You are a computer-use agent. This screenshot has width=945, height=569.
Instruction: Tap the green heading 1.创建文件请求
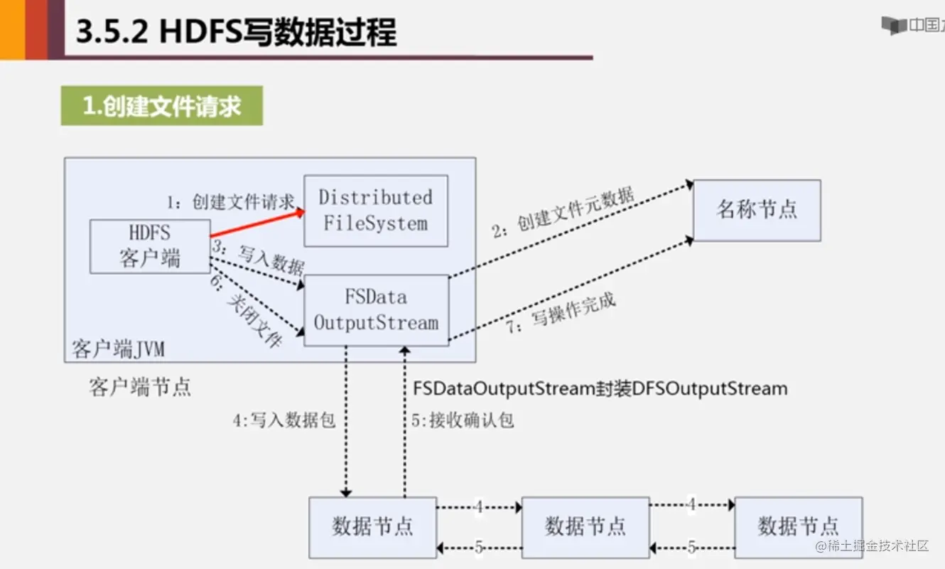tap(162, 106)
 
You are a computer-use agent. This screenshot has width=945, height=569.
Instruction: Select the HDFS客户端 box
tap(150, 246)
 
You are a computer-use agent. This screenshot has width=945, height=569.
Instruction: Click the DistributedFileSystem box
tap(376, 211)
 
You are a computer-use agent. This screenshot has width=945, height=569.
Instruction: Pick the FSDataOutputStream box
tap(377, 311)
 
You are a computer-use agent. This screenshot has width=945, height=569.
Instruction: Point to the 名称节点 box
tap(757, 210)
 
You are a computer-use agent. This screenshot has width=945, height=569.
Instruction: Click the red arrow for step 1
tap(257, 223)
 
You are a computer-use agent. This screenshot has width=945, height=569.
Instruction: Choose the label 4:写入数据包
tap(284, 420)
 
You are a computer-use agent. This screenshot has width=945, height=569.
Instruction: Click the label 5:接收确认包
tap(463, 420)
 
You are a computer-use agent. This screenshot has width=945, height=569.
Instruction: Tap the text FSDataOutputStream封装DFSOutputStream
tap(600, 388)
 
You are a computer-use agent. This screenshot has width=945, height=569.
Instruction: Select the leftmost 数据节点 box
tap(372, 526)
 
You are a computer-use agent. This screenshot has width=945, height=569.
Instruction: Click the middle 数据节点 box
tap(585, 526)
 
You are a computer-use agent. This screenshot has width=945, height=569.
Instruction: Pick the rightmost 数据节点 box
tap(798, 526)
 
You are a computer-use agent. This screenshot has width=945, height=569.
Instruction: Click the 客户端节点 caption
tap(140, 387)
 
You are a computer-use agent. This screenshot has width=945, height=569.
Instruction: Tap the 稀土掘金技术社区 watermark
tap(873, 546)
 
